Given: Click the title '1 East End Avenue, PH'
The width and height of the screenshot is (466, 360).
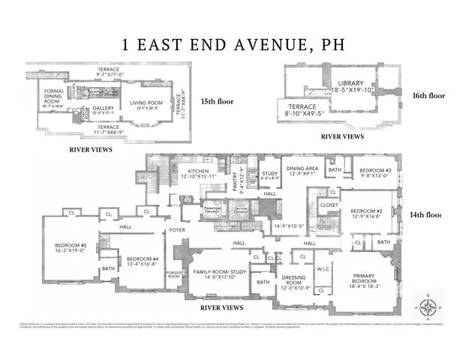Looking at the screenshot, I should point(233,43).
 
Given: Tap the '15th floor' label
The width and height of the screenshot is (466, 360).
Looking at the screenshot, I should point(218,100).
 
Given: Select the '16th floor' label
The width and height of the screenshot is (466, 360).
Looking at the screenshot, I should point(429,95).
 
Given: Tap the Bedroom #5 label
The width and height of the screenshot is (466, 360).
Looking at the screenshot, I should point(71,248).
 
